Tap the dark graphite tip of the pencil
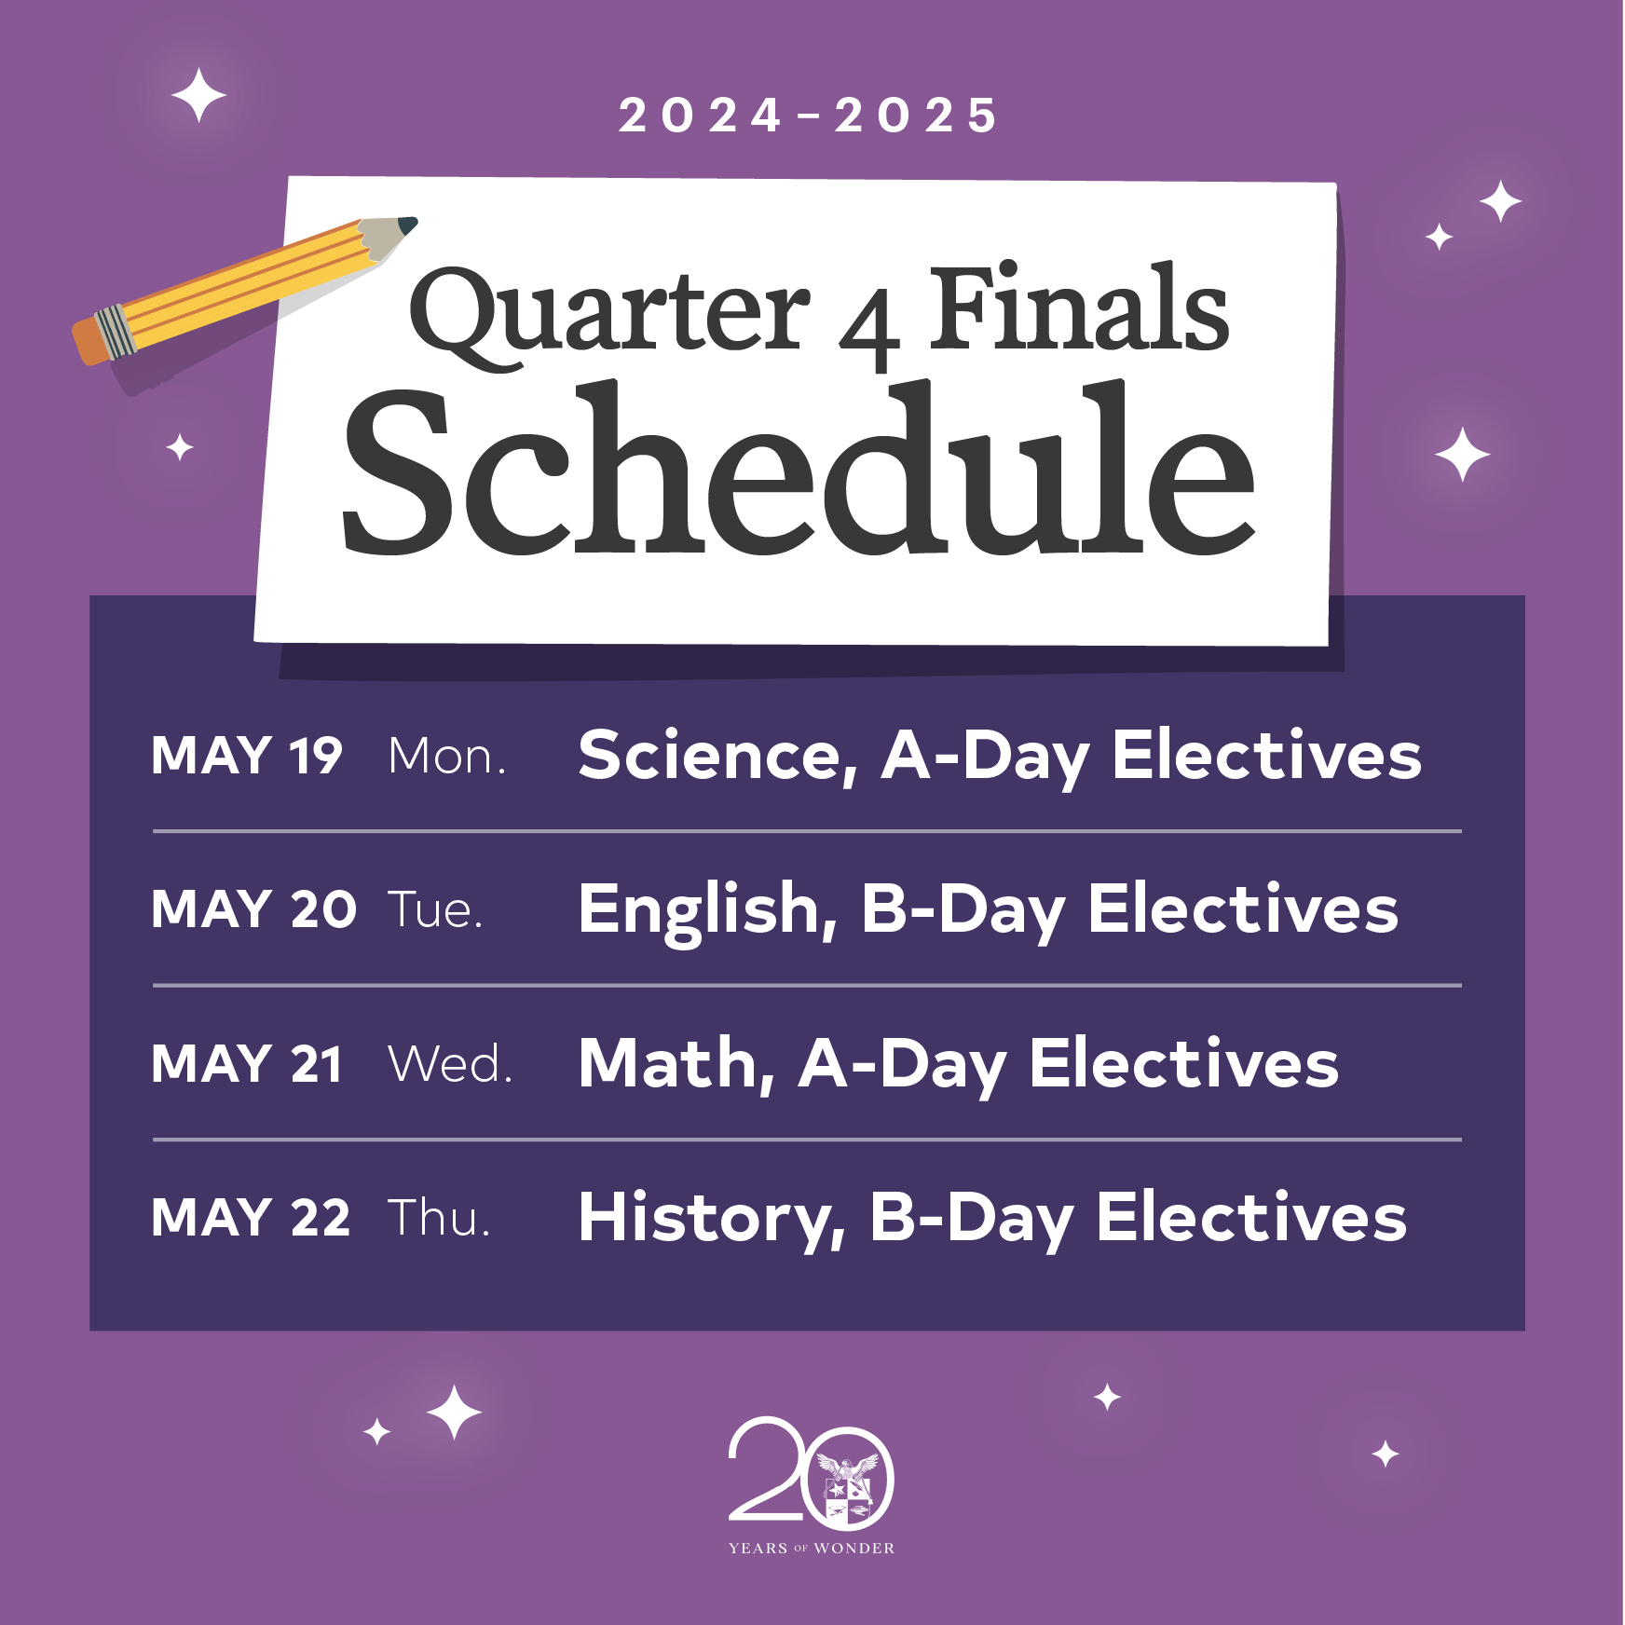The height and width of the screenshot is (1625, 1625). pyautogui.click(x=408, y=225)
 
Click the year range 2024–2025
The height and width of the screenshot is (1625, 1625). pyautogui.click(x=809, y=116)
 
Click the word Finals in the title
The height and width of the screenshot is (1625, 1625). pyautogui.click(x=1079, y=307)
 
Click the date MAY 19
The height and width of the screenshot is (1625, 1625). pyautogui.click(x=247, y=755)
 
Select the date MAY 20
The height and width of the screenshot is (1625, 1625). pyautogui.click(x=253, y=908)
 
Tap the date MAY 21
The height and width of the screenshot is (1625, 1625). pyautogui.click(x=247, y=1063)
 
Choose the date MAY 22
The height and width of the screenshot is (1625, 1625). pyautogui.click(x=252, y=1217)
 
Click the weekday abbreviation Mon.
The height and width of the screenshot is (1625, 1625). pyautogui.click(x=447, y=756)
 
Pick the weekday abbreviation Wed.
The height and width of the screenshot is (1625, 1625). pyautogui.click(x=451, y=1064)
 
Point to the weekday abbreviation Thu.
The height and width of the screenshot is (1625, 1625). pyautogui.click(x=439, y=1218)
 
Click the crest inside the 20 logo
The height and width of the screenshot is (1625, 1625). pyautogui.click(x=848, y=1492)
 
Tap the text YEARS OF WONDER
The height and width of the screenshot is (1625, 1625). pyautogui.click(x=812, y=1549)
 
